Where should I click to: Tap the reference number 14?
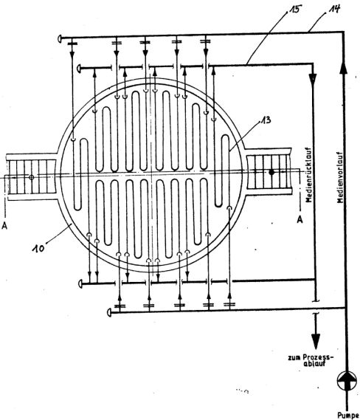click(335, 9)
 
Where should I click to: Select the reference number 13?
click(266, 120)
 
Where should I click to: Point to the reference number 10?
click(38, 248)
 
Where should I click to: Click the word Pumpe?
click(348, 416)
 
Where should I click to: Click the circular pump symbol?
click(347, 381)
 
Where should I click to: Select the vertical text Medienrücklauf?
click(309, 175)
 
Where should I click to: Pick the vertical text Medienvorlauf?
click(340, 177)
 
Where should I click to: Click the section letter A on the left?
click(4, 226)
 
